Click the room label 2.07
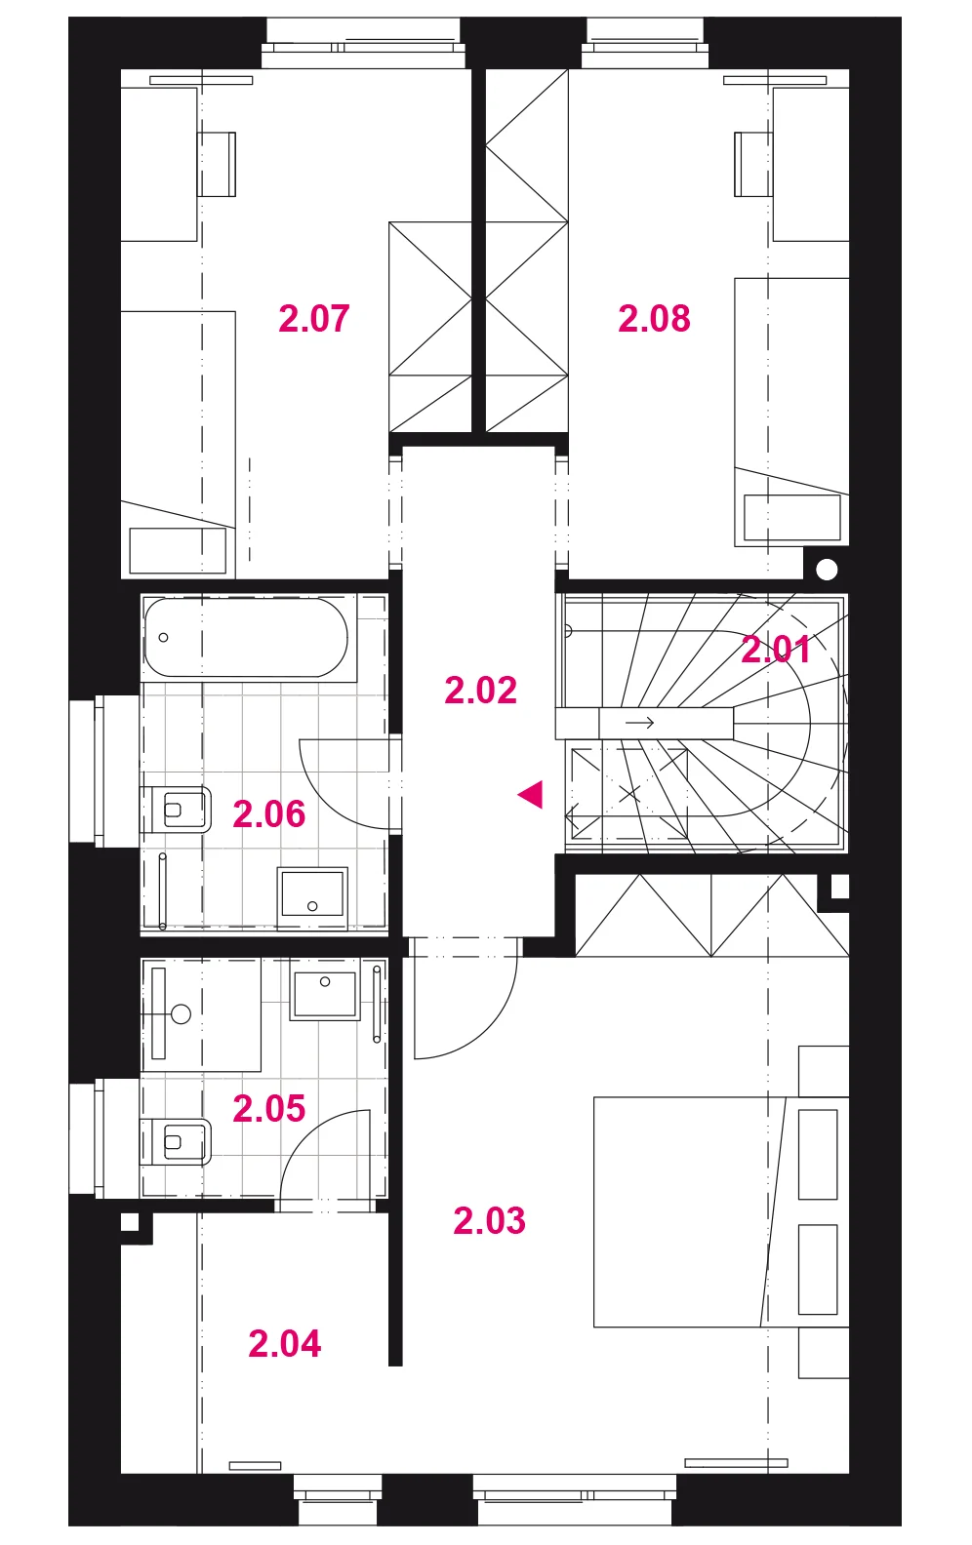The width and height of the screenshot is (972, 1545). click(x=314, y=319)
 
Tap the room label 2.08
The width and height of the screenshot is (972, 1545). click(x=654, y=319)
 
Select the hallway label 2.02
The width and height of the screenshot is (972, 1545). click(x=480, y=691)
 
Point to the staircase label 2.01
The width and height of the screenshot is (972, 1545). click(x=776, y=650)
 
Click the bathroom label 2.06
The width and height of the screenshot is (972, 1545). click(x=269, y=813)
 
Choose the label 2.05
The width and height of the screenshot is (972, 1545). click(x=269, y=1108)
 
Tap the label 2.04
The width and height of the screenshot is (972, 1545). click(x=284, y=1344)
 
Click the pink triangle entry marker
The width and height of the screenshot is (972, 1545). click(x=532, y=795)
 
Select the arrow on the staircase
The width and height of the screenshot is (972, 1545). click(x=640, y=723)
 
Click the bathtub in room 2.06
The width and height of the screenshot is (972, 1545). click(x=246, y=637)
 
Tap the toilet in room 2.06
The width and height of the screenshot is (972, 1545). click(x=177, y=810)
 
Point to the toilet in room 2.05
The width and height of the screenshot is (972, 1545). click(x=177, y=1141)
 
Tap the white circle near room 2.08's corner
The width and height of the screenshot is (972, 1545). click(x=827, y=570)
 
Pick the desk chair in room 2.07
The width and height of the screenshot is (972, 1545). click(x=217, y=164)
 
